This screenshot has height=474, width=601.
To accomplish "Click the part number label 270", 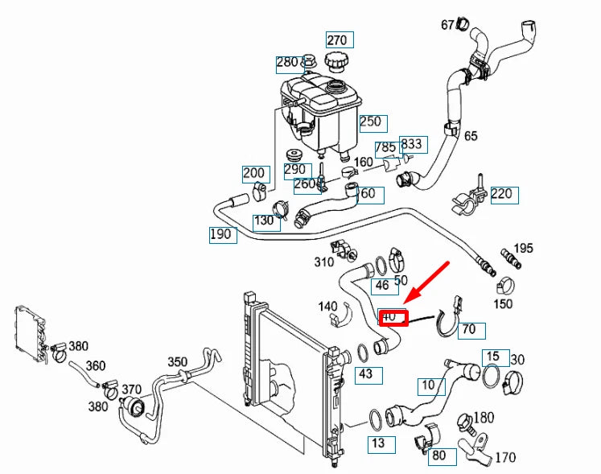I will [x=336, y=39].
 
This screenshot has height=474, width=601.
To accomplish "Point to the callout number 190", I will [x=221, y=234].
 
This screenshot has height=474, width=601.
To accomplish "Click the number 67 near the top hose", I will [x=448, y=25].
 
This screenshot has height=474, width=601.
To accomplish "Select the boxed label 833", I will [x=413, y=144].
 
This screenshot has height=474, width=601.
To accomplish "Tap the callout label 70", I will [x=470, y=328].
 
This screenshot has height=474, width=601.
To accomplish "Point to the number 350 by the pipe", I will [x=176, y=361].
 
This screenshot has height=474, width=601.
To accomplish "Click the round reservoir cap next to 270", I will [x=335, y=60].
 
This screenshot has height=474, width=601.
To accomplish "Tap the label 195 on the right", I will [x=524, y=248].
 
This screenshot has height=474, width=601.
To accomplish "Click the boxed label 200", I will [x=255, y=173].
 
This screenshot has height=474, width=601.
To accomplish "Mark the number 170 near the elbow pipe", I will [x=504, y=459].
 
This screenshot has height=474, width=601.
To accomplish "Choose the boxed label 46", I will [x=381, y=285].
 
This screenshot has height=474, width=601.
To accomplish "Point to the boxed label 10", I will [x=430, y=385].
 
